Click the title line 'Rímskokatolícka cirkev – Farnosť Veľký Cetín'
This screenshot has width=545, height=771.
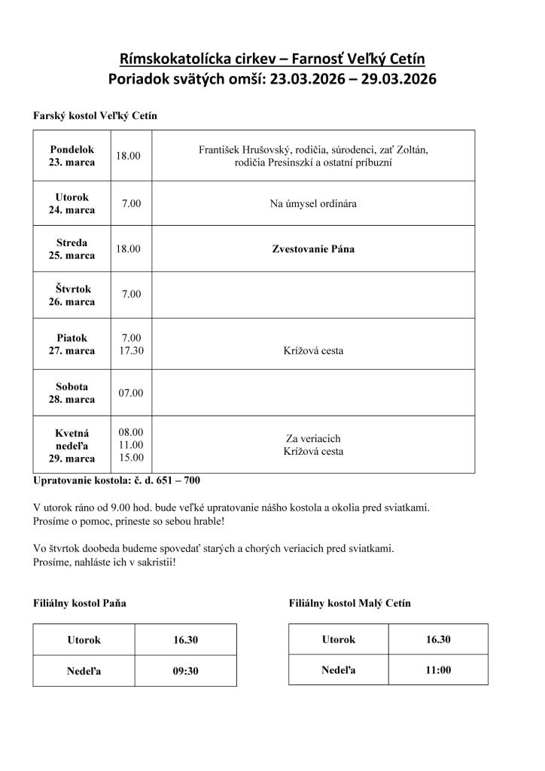(x=272, y=59)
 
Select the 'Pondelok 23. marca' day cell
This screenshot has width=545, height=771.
(x=72, y=155)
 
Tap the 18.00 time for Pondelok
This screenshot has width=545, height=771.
(x=128, y=155)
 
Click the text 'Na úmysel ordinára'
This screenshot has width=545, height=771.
(x=313, y=203)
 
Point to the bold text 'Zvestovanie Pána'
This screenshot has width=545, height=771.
(x=313, y=248)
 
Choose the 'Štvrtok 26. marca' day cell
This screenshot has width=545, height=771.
(x=72, y=294)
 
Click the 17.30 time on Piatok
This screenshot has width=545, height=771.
(x=131, y=351)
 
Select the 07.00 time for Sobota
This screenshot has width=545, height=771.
(x=131, y=393)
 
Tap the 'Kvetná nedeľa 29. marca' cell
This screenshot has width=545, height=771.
(x=72, y=445)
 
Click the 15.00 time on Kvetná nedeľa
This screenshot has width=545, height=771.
(x=131, y=457)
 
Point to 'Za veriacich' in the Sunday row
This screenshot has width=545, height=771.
(x=313, y=438)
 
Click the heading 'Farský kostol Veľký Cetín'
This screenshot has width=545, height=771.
(x=95, y=116)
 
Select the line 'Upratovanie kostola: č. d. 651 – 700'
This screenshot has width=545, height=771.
(x=117, y=480)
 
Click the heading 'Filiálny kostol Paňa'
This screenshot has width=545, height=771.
(x=80, y=603)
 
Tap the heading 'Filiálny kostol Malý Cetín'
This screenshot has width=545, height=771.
(x=349, y=603)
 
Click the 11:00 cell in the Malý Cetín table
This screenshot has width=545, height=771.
(x=438, y=669)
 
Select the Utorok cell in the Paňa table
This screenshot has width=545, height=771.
(x=84, y=640)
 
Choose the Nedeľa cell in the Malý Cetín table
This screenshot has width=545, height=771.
(x=339, y=669)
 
